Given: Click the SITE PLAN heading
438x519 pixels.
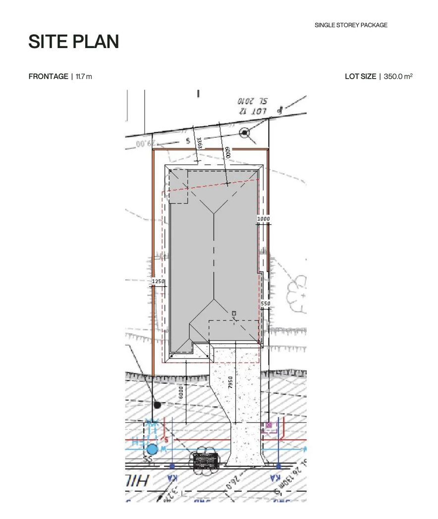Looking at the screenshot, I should click(x=73, y=42).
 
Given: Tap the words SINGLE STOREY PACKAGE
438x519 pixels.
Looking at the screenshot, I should click(x=351, y=25).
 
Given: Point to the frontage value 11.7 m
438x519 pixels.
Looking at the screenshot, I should click(x=84, y=76).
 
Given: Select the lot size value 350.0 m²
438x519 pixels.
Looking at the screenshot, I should click(x=398, y=76).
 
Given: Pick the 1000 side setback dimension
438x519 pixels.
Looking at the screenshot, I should click(x=264, y=219).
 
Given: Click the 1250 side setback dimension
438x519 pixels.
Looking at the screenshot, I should click(x=158, y=281).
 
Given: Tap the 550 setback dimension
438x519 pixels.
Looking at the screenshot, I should click(x=266, y=304).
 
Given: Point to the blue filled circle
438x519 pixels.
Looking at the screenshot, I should click(x=152, y=450).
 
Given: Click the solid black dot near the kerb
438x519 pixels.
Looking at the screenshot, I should click(x=157, y=405).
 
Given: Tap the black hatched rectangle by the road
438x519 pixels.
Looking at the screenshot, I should click(x=205, y=461).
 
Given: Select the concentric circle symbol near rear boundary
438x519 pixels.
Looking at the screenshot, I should click(x=244, y=132).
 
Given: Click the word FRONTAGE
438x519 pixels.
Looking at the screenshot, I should click(x=49, y=76).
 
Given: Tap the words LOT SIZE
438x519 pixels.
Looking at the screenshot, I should click(x=360, y=76).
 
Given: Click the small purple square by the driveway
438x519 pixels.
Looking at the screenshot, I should click(x=269, y=425).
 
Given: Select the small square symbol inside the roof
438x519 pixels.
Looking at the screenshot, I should click(x=234, y=313).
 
